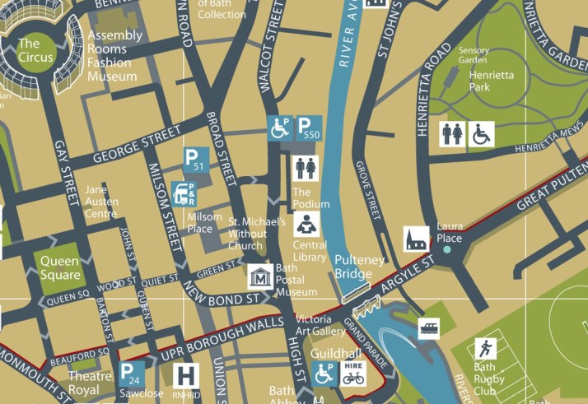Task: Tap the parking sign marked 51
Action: (x=194, y=160)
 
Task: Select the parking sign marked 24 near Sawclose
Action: (x=132, y=374)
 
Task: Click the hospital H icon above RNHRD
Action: (x=188, y=376)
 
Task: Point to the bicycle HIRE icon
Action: (x=353, y=374)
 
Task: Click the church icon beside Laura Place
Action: (x=415, y=239)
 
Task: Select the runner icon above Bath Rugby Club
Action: (x=485, y=349)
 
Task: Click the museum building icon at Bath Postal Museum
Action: (x=261, y=277)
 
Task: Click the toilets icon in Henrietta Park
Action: (x=452, y=135)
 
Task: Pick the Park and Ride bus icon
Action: (x=185, y=193)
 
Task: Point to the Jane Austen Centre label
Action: (x=101, y=202)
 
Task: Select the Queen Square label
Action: (x=61, y=267)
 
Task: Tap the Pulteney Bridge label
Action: (x=359, y=267)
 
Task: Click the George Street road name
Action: (x=137, y=144)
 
